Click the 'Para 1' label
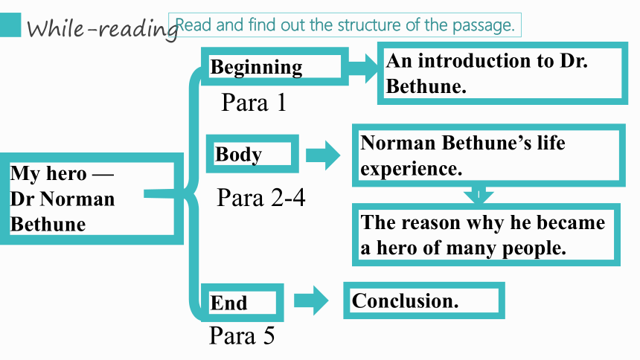pos(254,102)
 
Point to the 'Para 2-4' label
pos(260,198)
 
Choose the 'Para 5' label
pos(242,335)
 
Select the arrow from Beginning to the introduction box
pos(363,68)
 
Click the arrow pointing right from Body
pos(323,155)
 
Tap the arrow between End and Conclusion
pos(311,300)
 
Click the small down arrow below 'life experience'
pos(479,195)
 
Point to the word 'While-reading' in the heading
pos(102,28)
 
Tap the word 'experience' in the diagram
pos(411,169)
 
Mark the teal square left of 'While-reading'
pos(10,25)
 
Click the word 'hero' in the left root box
pos(65,173)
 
